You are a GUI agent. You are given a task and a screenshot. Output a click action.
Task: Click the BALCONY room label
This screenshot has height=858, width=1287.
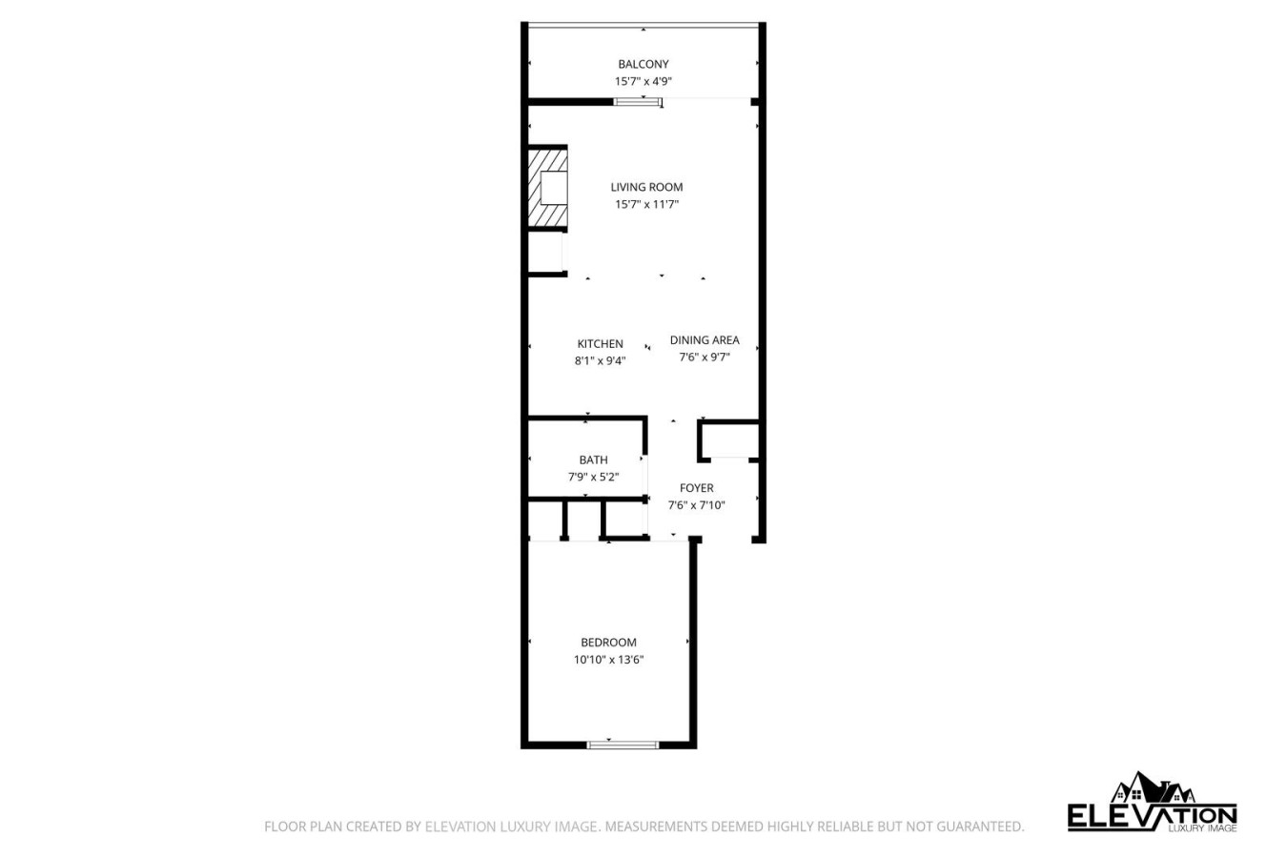(643, 64)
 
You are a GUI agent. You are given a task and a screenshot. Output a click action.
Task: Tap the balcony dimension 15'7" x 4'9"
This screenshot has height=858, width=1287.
(643, 81)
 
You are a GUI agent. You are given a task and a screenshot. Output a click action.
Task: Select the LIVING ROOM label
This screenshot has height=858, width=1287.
(646, 187)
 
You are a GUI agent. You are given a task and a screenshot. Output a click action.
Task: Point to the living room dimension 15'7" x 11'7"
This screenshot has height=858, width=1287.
(646, 204)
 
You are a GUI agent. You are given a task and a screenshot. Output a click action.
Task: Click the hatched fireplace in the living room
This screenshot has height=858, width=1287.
(547, 188)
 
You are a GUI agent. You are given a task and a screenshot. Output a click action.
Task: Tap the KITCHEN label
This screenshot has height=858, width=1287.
(600, 343)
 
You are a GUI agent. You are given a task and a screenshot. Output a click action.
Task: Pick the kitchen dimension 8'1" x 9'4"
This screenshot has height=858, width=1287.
(600, 361)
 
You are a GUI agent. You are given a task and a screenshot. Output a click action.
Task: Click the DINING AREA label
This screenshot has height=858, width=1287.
(705, 339)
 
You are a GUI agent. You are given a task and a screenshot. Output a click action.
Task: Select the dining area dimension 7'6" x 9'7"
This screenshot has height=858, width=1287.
(705, 357)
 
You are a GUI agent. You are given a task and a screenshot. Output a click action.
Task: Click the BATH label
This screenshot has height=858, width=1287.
(593, 460)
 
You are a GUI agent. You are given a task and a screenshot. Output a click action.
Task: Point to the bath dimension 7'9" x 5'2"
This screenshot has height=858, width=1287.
(593, 477)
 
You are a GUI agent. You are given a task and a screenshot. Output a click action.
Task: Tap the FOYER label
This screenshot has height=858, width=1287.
(696, 488)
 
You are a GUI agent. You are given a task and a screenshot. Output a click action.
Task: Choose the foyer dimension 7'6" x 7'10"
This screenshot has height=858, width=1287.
(696, 505)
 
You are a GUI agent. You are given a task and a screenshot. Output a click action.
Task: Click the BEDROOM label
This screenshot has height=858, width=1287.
(608, 642)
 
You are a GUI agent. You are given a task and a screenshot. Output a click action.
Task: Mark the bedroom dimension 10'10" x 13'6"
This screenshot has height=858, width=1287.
(608, 659)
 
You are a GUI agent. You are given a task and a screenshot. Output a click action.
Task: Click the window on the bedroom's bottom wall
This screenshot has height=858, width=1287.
(623, 746)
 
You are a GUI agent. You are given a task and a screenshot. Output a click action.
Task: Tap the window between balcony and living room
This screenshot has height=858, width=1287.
(637, 102)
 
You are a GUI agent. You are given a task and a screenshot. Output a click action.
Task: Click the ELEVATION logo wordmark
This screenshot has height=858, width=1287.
(1152, 817)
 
